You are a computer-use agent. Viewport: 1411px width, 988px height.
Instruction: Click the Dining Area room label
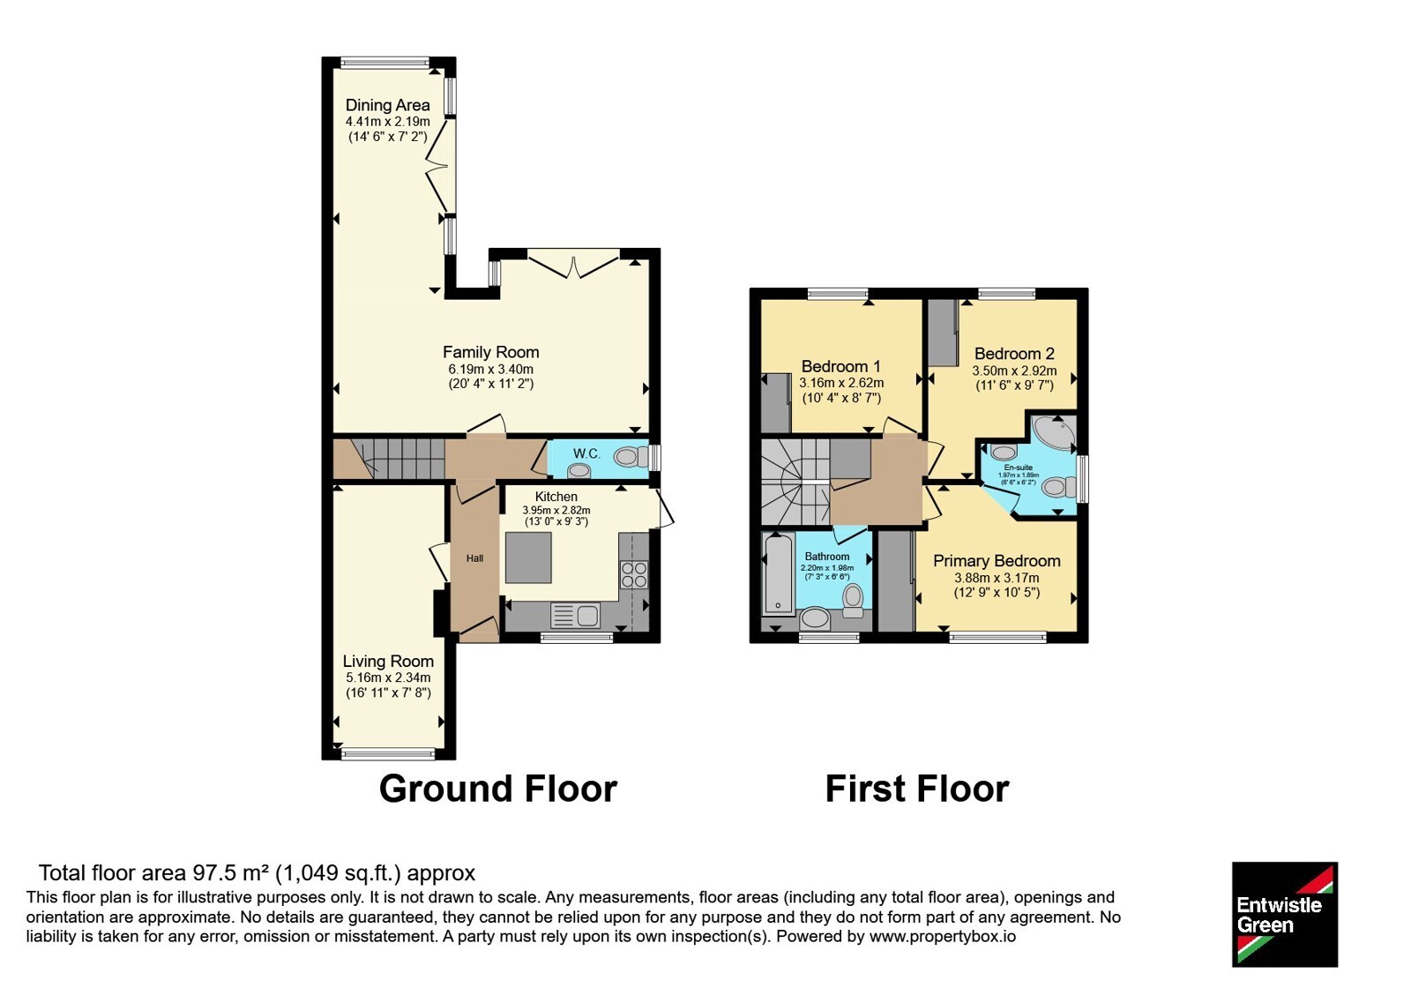[x=387, y=105]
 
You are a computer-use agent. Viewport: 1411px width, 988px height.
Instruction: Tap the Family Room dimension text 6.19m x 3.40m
[x=490, y=370]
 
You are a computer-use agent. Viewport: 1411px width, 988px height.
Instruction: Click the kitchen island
[x=528, y=558]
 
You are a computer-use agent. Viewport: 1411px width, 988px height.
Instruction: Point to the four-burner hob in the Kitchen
[x=634, y=574]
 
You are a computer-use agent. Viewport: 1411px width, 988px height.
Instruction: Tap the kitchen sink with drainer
[x=575, y=616]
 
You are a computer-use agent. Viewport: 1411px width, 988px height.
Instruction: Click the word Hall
[x=475, y=558]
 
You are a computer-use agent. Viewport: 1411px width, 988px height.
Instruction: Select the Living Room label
[x=388, y=662]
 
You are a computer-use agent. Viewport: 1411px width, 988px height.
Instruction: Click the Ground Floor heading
[x=497, y=789]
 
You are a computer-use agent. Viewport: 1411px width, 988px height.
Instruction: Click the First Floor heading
[x=917, y=789]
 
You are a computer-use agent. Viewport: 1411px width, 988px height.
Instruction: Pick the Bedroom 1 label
[x=841, y=366]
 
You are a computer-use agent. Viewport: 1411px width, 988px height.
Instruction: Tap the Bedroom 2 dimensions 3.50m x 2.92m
[x=1014, y=371]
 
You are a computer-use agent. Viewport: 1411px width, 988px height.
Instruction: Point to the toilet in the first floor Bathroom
[x=853, y=600]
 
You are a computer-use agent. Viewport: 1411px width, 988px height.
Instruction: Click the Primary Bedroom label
[x=997, y=561]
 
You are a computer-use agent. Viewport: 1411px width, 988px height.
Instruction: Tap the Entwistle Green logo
[x=1285, y=914]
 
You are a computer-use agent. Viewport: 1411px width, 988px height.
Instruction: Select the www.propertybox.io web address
[x=943, y=937]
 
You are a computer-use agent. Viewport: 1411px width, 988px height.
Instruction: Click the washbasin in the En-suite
[x=1003, y=452]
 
